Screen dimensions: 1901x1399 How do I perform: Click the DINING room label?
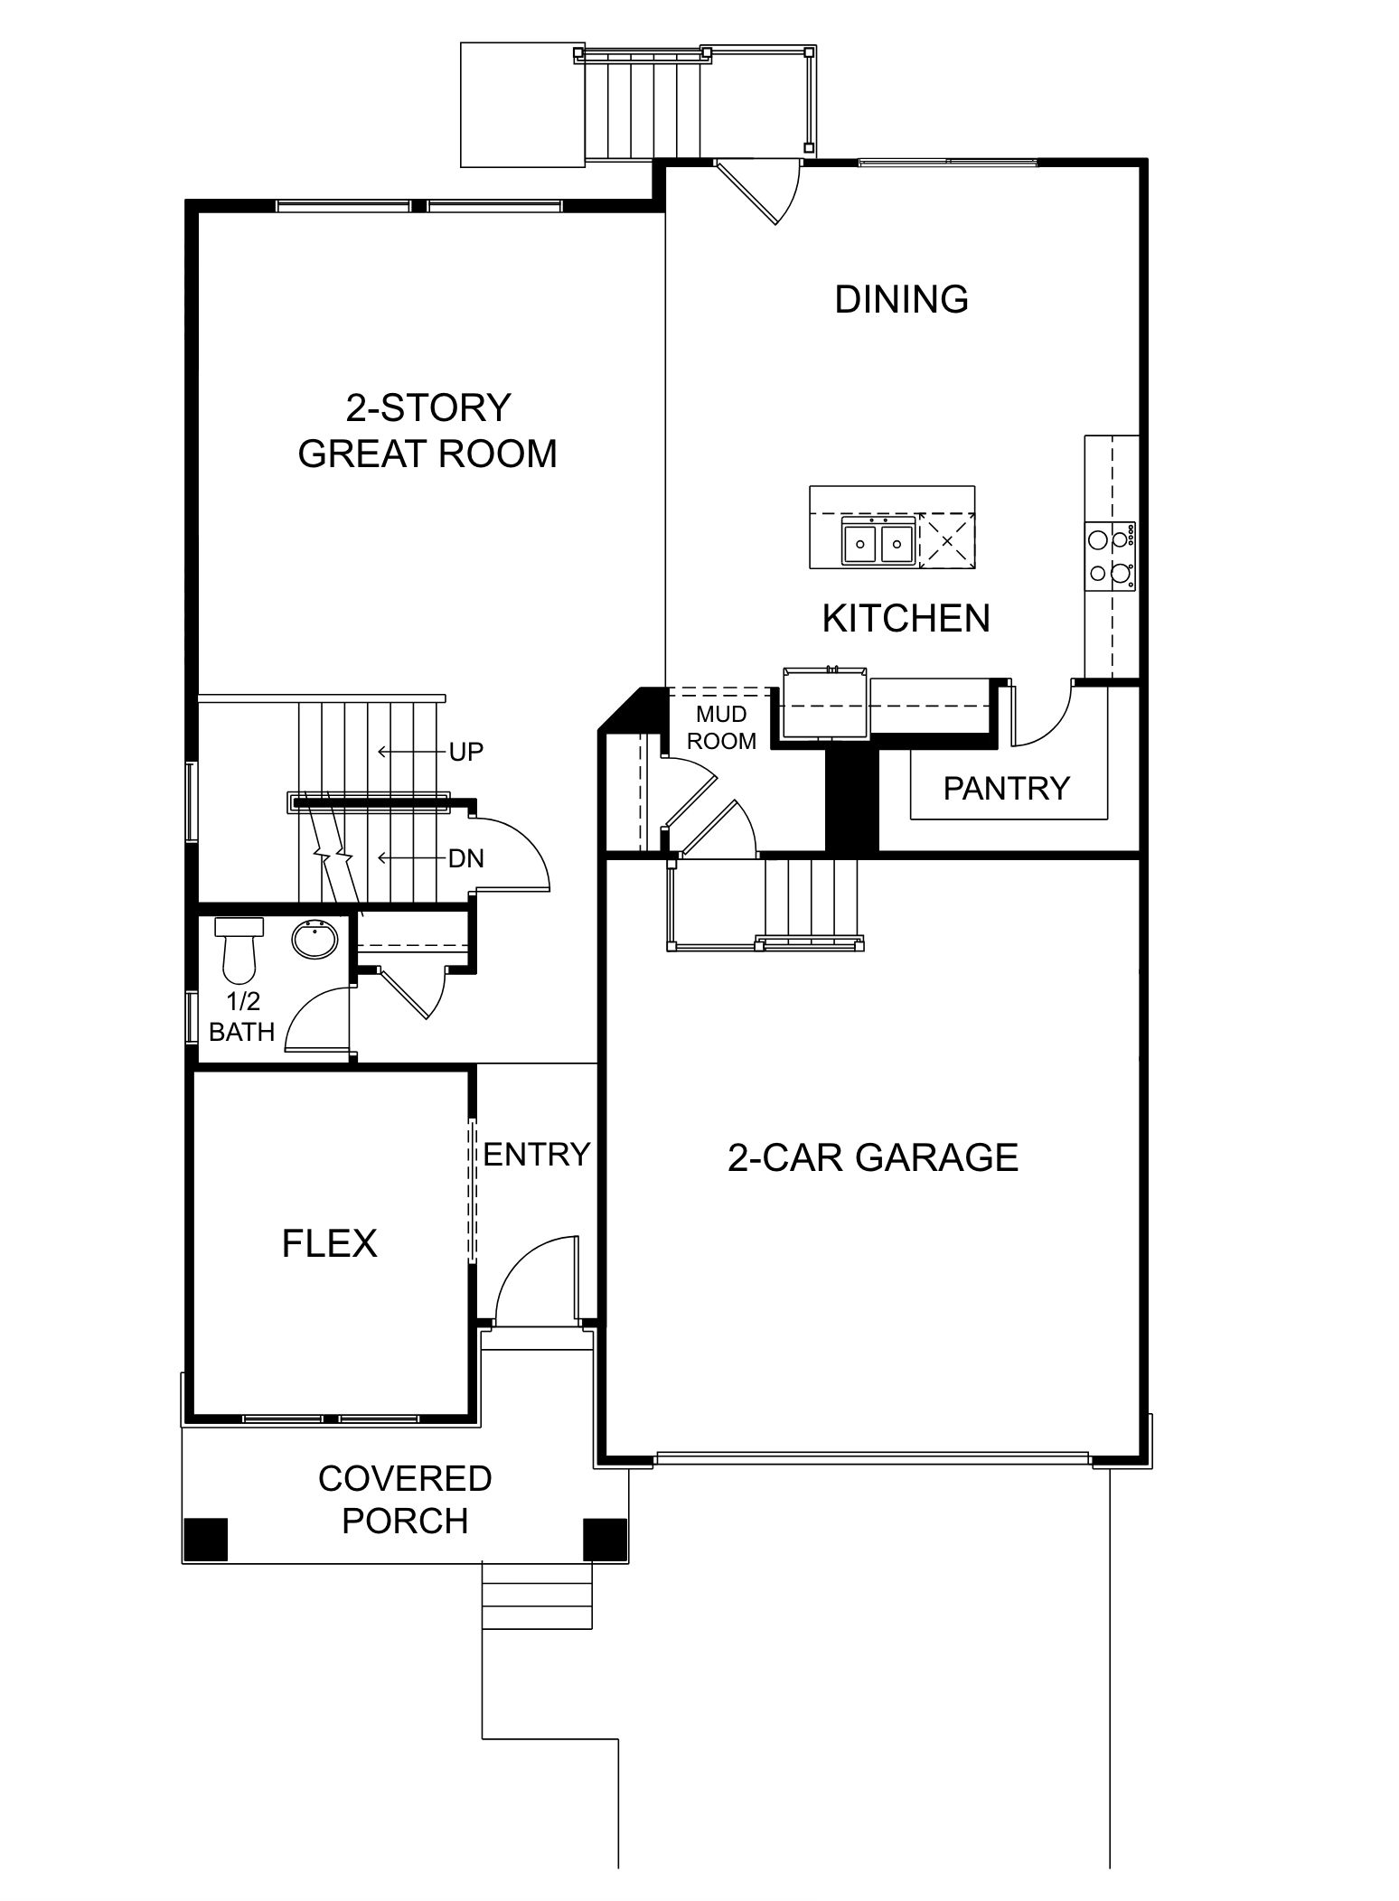click(x=901, y=299)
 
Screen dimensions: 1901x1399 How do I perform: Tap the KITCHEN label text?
click(x=906, y=619)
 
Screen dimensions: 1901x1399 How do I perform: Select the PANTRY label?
click(x=1006, y=789)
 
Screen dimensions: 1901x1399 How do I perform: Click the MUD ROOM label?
click(x=721, y=728)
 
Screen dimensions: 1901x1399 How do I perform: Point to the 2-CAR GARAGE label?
click(x=872, y=1157)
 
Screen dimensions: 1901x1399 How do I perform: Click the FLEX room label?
click(x=329, y=1244)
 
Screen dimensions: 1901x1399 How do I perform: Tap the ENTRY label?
click(x=536, y=1155)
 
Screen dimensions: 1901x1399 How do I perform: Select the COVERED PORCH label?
click(x=405, y=1500)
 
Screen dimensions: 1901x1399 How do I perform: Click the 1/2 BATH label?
click(x=241, y=1016)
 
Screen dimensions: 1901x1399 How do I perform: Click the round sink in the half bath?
click(x=315, y=940)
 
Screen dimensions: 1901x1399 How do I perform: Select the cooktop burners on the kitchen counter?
click(x=1111, y=556)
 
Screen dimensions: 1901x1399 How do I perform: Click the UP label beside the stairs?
click(x=465, y=752)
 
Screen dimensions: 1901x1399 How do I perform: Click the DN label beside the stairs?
click(x=465, y=858)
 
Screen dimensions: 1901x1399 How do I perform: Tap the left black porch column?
click(x=205, y=1539)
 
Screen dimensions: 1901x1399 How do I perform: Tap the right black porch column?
click(x=605, y=1539)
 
